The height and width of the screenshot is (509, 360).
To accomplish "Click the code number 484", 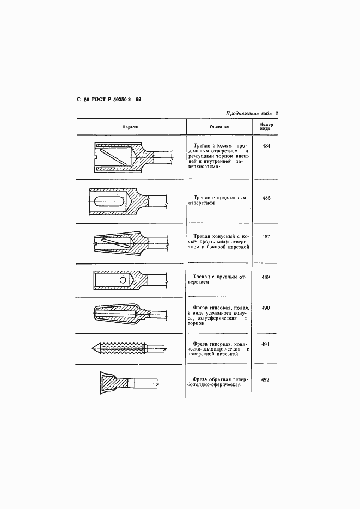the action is [x=266, y=146].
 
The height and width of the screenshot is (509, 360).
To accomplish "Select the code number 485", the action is [x=266, y=199].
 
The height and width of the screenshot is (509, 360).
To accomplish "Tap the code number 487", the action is [x=266, y=237].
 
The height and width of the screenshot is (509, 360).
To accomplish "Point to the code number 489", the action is [x=266, y=277].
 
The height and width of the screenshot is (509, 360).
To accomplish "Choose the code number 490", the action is [x=266, y=308].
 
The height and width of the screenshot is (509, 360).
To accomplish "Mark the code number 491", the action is [x=266, y=344].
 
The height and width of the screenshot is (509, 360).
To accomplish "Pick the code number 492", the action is [x=266, y=380].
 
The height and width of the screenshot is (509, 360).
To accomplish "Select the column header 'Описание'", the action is [x=219, y=127].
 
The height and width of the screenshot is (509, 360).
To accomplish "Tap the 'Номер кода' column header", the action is [x=266, y=127].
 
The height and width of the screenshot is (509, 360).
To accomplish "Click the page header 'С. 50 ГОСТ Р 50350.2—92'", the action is [x=106, y=100].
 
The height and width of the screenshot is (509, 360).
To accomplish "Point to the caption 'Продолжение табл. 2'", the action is [x=252, y=113].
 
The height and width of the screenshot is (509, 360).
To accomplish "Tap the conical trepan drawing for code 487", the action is [x=128, y=241].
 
